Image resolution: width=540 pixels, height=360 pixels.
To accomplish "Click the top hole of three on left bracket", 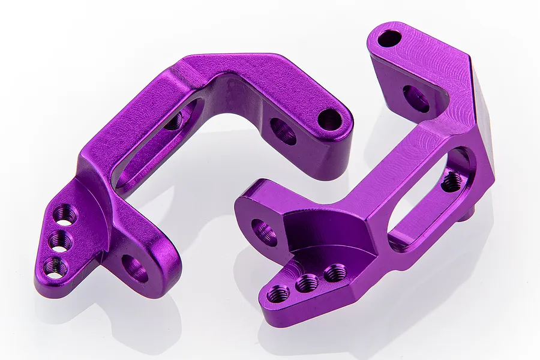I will coord(65,214).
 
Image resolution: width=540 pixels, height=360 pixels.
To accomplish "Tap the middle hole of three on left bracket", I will coord(60,241).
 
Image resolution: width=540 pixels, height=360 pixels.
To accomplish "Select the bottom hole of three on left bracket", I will coord(55,266).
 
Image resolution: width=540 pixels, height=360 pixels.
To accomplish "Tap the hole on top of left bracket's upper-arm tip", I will coord(329,119).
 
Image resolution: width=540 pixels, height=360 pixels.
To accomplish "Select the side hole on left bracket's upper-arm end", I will coord(283,131).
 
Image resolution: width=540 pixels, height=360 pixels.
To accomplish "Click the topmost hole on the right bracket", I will coord(389,38).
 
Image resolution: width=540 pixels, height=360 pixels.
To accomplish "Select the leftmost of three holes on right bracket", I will coord(278,293).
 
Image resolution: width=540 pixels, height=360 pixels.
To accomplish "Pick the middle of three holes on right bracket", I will coord(307,283).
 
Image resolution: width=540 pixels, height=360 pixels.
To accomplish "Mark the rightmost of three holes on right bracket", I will coord(334,273).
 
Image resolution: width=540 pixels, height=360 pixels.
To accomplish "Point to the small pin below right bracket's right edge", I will coord(470,211).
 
